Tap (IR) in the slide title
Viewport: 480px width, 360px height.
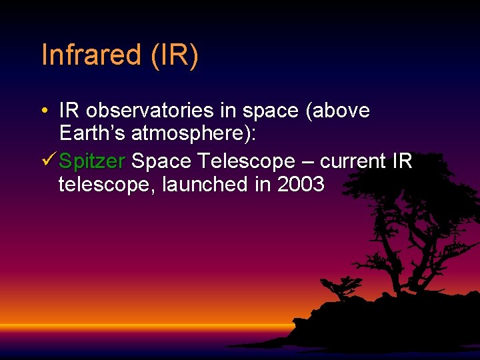(175, 55)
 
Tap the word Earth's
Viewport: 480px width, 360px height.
(93, 133)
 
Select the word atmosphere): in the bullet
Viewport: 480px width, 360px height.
(194, 133)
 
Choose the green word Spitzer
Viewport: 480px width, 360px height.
(92, 161)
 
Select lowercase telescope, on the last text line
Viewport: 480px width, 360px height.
(107, 184)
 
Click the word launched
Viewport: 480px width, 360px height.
(205, 184)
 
